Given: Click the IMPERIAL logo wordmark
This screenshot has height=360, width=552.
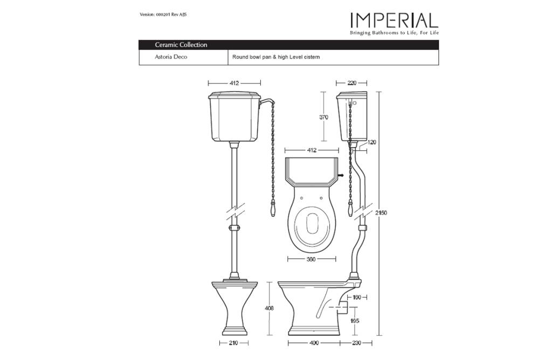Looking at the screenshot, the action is [394, 20].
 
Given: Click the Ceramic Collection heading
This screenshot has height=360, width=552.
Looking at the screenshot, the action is [181, 45].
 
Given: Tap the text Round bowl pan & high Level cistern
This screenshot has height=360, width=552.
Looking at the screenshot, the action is [276, 57].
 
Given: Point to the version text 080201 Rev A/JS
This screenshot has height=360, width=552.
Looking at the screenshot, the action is [171, 15].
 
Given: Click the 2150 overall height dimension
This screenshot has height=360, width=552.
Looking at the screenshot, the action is [381, 212].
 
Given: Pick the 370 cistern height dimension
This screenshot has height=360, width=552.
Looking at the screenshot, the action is [323, 117].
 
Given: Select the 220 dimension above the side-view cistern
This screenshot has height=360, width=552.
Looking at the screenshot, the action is [351, 83].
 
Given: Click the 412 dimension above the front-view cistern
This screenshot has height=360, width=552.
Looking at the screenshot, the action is [234, 83].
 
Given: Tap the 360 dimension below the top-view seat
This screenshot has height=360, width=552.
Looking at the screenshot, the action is [311, 259].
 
